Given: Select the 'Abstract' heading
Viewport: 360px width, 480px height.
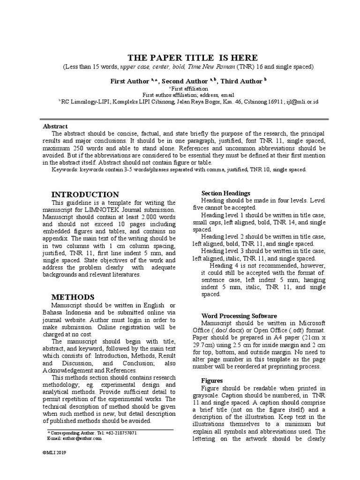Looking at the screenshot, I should point(55,126).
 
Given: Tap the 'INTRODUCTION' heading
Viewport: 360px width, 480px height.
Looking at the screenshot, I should point(85,194).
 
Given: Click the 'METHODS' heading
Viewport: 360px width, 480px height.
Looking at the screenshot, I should point(73,297).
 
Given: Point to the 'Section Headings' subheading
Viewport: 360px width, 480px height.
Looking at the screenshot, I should point(225,193).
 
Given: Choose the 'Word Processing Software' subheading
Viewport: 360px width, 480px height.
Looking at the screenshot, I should point(239,316).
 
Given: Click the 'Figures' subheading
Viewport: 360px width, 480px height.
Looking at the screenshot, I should point(212,381).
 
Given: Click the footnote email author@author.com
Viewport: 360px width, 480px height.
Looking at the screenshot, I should point(81,438).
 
